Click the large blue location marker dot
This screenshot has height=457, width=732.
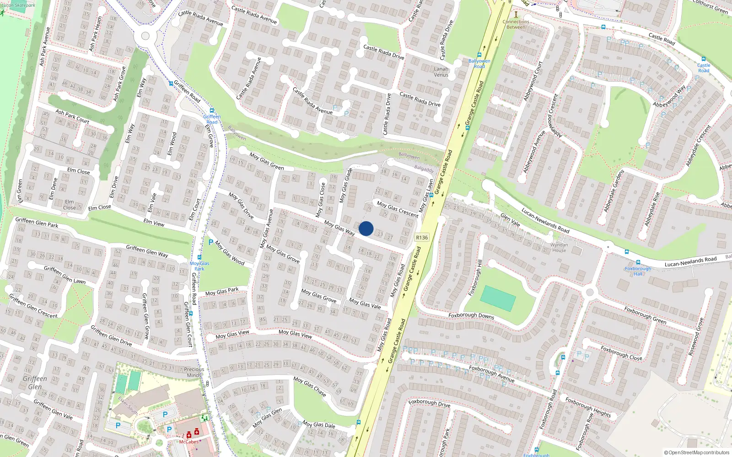click(366, 228)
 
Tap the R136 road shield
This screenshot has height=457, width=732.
click(422, 238)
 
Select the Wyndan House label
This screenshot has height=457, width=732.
click(559, 248)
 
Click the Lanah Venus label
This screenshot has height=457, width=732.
click(441, 72)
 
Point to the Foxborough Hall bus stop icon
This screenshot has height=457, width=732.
click(626, 252)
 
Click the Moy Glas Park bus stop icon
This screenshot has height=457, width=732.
click(199, 258)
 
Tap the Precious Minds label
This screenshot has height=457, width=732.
click(194, 372)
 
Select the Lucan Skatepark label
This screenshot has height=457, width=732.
click(18, 5)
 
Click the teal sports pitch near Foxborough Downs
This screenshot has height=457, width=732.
click(498, 298)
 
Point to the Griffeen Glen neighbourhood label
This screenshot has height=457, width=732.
click(35, 383)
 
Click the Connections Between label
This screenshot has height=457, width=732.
click(516, 24)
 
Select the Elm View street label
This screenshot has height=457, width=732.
click(154, 223)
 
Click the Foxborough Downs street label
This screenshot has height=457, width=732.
click(471, 315)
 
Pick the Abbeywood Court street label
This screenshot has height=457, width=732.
click(533, 82)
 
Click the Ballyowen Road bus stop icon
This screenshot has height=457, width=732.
click(479, 55)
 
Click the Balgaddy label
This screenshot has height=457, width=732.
click(424, 169)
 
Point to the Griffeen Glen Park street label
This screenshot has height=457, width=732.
click(37, 223)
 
